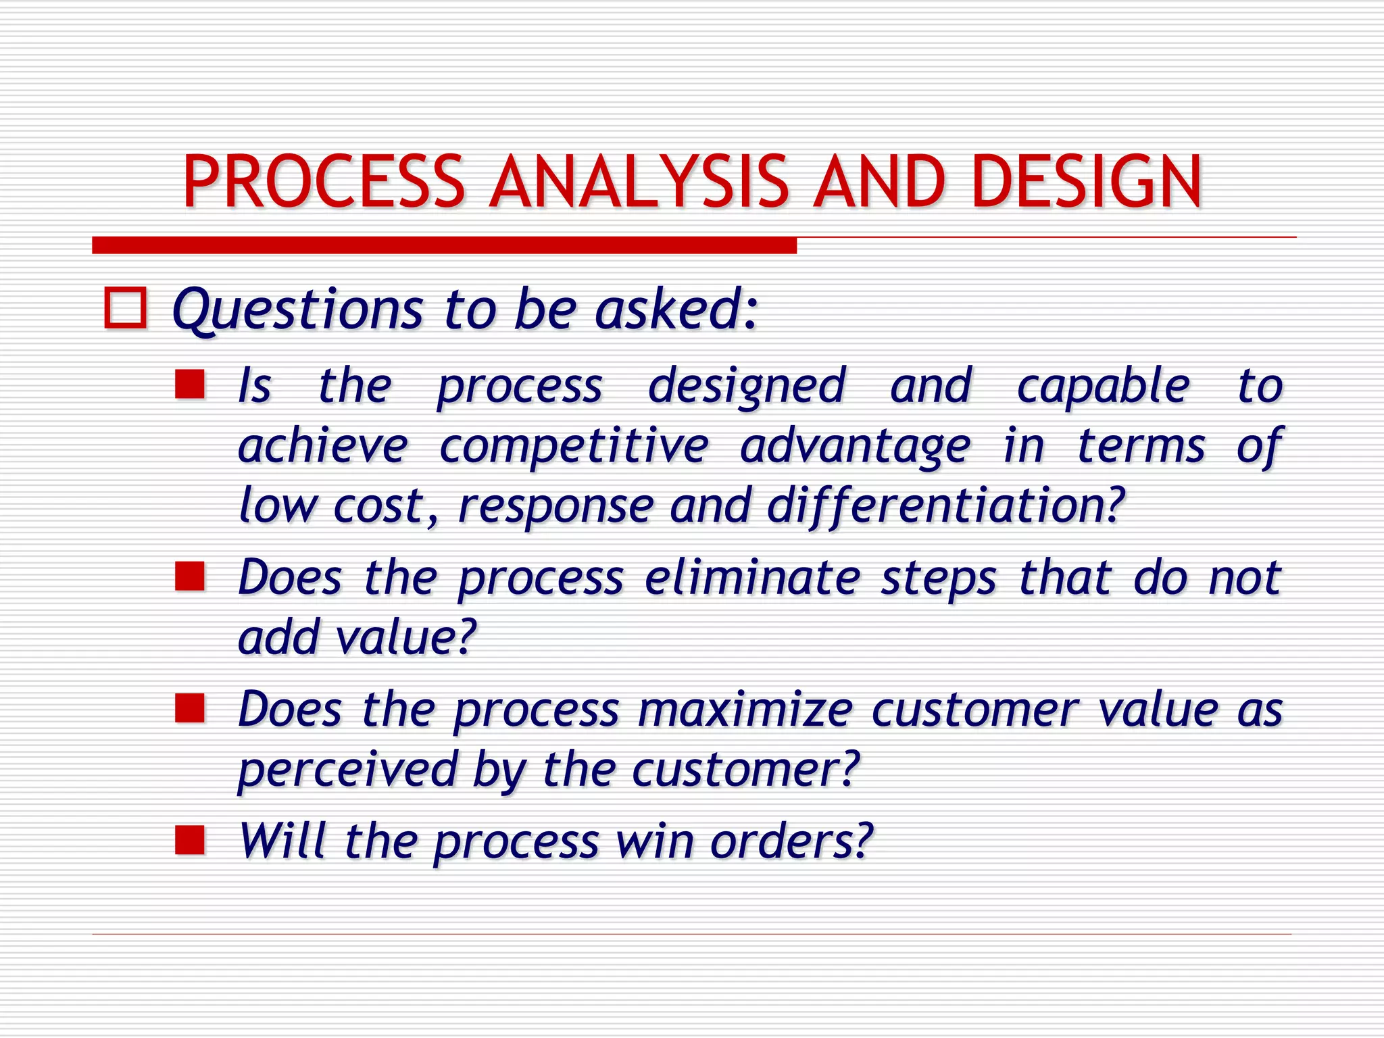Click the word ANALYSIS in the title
(639, 181)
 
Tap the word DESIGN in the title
(1087, 181)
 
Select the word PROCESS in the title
(324, 181)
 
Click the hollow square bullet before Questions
(126, 309)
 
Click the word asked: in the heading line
(676, 310)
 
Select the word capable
(1103, 387)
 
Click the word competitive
(574, 447)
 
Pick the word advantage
(855, 447)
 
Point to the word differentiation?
(946, 505)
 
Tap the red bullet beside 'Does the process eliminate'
(190, 576)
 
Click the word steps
(938, 579)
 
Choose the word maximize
(745, 710)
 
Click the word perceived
(348, 770)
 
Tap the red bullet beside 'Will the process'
(190, 841)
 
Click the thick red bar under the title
(444, 245)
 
